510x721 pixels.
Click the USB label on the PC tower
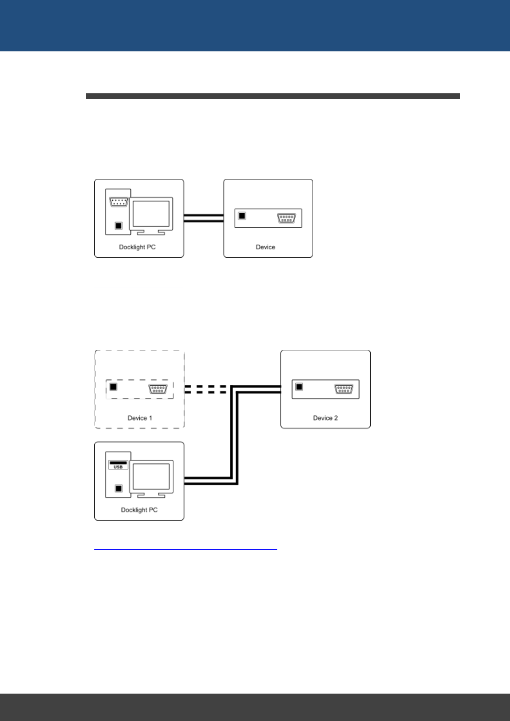point(118,467)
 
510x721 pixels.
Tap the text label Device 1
point(140,418)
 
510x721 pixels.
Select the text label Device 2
point(325,418)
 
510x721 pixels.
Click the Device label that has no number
point(265,247)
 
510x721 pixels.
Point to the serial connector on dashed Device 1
point(158,389)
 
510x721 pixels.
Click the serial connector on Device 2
point(344,389)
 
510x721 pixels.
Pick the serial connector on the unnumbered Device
point(286,218)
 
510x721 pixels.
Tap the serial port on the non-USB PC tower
point(118,202)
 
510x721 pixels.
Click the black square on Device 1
point(113,387)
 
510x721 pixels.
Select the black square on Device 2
point(299,387)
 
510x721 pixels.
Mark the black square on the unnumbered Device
point(242,216)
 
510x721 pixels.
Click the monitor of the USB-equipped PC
point(151,477)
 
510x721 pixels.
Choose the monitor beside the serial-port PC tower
point(151,214)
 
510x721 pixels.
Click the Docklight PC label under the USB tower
point(139,510)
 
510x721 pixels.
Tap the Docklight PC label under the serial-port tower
point(137,247)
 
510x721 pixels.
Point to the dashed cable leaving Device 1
point(206,389)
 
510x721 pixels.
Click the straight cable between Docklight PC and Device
point(204,218)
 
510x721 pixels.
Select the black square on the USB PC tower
point(119,489)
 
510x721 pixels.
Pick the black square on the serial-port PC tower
point(119,226)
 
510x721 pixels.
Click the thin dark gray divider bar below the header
point(273,96)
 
